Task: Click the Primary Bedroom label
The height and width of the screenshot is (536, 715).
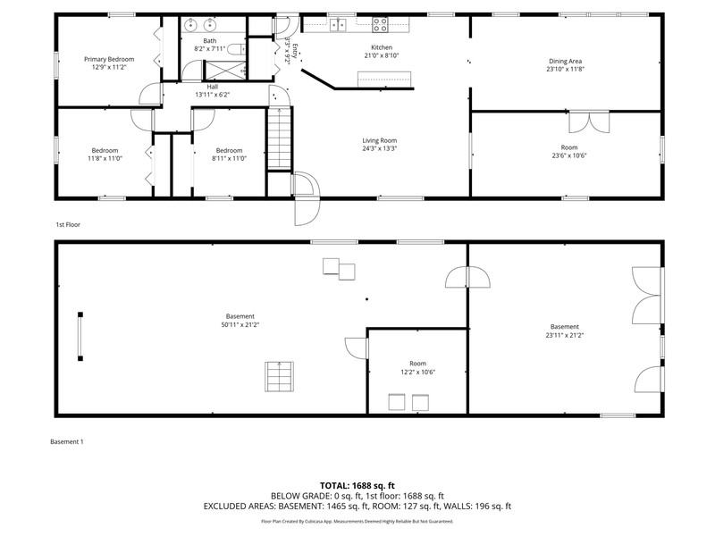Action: [x=109, y=59]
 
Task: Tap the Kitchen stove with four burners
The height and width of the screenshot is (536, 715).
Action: [x=380, y=25]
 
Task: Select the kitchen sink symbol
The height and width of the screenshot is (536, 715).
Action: [x=338, y=25]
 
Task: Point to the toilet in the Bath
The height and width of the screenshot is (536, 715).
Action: [x=237, y=49]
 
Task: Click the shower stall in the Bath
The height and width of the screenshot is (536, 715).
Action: [x=225, y=71]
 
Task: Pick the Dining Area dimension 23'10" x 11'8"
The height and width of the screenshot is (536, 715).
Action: [x=565, y=70]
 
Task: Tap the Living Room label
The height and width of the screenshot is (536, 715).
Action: [x=379, y=140]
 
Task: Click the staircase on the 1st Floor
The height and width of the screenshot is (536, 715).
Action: [x=279, y=138]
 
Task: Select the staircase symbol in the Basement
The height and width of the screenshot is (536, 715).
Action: [x=279, y=376]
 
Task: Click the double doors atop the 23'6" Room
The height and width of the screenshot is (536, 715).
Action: [x=589, y=121]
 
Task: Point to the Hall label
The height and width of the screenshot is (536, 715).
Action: [x=213, y=87]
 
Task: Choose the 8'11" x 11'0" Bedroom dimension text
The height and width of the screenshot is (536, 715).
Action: [x=229, y=159]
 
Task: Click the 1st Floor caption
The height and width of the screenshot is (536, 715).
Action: [x=68, y=224]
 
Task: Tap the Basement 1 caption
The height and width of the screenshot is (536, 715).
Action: [x=67, y=441]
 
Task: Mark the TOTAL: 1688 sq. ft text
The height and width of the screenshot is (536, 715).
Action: [x=357, y=485]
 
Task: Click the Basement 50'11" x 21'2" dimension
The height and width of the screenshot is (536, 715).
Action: [x=240, y=324]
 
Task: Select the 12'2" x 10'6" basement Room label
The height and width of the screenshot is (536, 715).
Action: [x=417, y=364]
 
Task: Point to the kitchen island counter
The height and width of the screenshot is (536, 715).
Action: [x=384, y=79]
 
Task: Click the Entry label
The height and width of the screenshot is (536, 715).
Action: [x=295, y=51]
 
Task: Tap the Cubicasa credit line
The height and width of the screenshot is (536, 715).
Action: [x=357, y=521]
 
